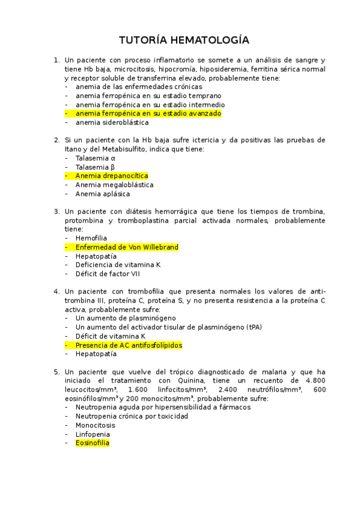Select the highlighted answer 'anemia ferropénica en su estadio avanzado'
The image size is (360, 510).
tap(148, 113)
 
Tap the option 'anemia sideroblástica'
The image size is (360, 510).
tap(112, 122)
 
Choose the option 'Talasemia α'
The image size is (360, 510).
tap(95, 158)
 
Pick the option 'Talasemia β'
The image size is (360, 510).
tap(95, 167)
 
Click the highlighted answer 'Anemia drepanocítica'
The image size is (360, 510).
tap(111, 176)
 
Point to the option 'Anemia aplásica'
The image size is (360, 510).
tap(103, 194)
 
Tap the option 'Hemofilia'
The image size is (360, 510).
tap(91, 238)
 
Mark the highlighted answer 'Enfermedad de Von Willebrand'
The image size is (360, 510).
tap(127, 247)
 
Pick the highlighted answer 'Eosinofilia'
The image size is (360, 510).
tap(92, 443)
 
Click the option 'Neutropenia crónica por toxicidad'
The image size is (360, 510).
tap(132, 416)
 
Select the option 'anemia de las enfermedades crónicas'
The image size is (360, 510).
tap(139, 87)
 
